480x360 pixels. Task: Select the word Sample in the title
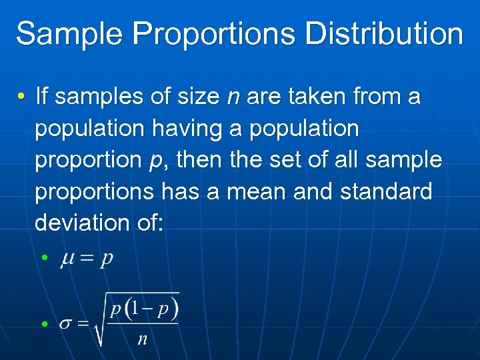point(60,34)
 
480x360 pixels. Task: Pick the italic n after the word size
point(233,98)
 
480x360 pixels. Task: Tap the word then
point(201,160)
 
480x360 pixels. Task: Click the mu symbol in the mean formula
point(67,259)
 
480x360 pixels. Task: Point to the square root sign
point(99,320)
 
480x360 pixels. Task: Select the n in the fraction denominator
point(142,339)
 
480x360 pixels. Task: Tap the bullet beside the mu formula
point(43,257)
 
